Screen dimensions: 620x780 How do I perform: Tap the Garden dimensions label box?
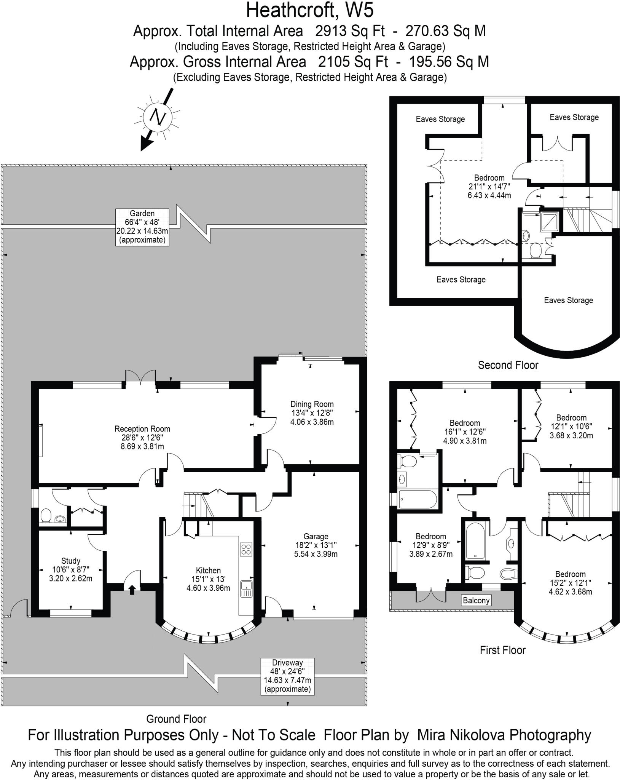(142, 227)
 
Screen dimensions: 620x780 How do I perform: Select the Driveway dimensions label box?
(287, 676)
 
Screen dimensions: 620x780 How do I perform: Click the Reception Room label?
(142, 437)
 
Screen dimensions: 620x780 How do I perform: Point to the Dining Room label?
(312, 413)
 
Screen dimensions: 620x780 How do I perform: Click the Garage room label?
(316, 545)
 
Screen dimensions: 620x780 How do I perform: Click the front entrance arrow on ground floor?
(132, 590)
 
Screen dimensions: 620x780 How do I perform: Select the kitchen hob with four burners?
(246, 549)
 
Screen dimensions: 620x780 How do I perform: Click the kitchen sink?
(246, 588)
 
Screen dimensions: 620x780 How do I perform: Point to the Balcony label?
(476, 601)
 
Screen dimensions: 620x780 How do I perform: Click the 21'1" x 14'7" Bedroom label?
(489, 187)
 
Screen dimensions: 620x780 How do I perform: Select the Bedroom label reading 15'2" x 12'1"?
(570, 583)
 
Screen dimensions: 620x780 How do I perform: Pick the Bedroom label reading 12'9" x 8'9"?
(431, 545)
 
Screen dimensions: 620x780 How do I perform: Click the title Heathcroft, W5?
(310, 11)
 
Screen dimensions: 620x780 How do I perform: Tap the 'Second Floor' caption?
(508, 365)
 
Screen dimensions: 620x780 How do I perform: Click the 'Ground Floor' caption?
(176, 719)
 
